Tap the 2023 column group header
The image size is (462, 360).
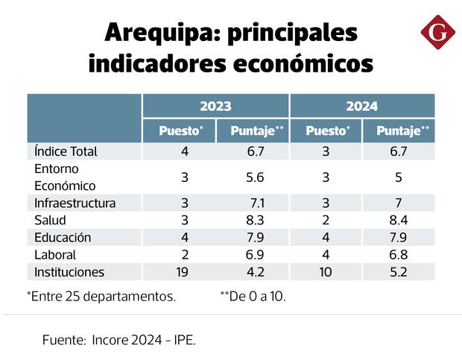tap(215, 106)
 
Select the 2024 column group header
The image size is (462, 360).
tap(362, 106)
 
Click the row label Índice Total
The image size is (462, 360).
tap(66, 151)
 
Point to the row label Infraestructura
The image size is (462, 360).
tap(75, 203)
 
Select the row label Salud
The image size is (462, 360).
tap(50, 220)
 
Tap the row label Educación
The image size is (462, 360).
tap(63, 238)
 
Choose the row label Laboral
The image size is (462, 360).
tap(55, 255)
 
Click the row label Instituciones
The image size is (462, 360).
tap(69, 272)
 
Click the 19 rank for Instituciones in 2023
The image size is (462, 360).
tap(181, 272)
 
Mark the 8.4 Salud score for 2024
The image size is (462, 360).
tap(399, 220)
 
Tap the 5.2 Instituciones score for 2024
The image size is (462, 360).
tap(399, 272)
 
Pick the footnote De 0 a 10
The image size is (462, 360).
tap(253, 296)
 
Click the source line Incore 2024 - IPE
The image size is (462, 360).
tap(119, 340)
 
